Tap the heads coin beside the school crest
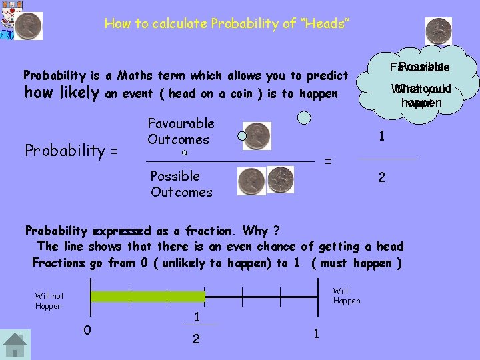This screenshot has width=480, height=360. tap(29, 26)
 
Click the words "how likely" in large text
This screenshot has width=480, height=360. tap(62, 93)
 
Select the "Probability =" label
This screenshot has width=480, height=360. tap(71, 151)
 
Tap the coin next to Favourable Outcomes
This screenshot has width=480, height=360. tap(257, 135)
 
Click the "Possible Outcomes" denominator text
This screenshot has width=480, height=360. tap(181, 184)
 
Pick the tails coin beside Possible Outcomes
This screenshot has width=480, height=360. tap(281, 179)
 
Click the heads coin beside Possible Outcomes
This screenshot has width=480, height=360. tap(252, 180)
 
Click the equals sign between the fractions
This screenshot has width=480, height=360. tap(327, 162)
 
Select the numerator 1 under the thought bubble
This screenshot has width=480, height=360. tap(381, 137)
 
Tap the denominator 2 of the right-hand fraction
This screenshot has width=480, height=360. tap(381, 178)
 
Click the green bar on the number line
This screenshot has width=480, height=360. tap(147, 297)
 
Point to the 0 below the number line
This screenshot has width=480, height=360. tap(87, 329)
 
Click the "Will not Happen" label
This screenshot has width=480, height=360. tap(49, 301)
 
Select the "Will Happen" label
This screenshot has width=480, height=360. tap(347, 295)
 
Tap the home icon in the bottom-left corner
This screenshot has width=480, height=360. tap(15, 345)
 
